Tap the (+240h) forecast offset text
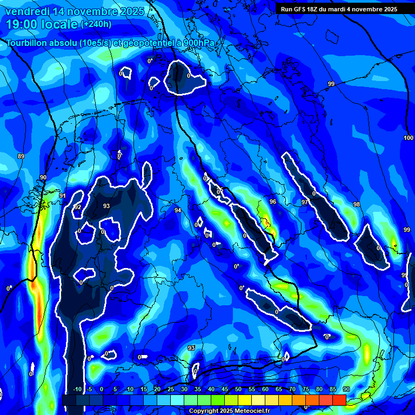pyautogui.click(x=96, y=24)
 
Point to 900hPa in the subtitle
pyautogui.click(x=202, y=43)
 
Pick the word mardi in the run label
pyautogui.click(x=342, y=9)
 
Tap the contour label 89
pyautogui.click(x=21, y=156)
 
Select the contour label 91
pyautogui.click(x=63, y=196)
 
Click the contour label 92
pyautogui.click(x=78, y=207)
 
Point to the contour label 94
pyautogui.click(x=178, y=210)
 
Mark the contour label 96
pyautogui.click(x=273, y=202)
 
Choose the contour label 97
pyautogui.click(x=305, y=202)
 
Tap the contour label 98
pyautogui.click(x=356, y=204)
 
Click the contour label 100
pyautogui.click(x=409, y=138)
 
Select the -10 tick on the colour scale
pyautogui.click(x=76, y=389)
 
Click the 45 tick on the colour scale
pyautogui.click(x=224, y=389)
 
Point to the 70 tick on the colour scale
pyautogui.click(x=292, y=389)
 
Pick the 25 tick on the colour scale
pyautogui.click(x=170, y=389)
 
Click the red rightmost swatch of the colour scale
pyautogui.click(x=339, y=400)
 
